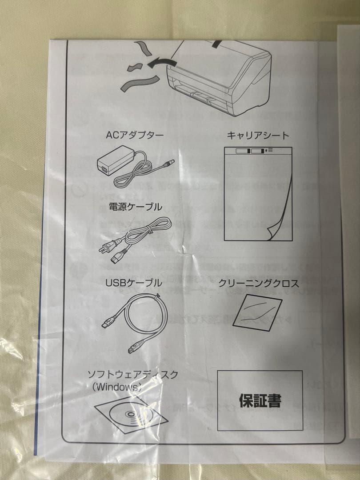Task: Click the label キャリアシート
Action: tap(258, 135)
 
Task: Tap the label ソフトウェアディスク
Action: tap(133, 375)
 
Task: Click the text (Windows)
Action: tap(117, 387)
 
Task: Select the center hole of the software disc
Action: tap(132, 416)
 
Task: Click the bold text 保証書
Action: tap(260, 401)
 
